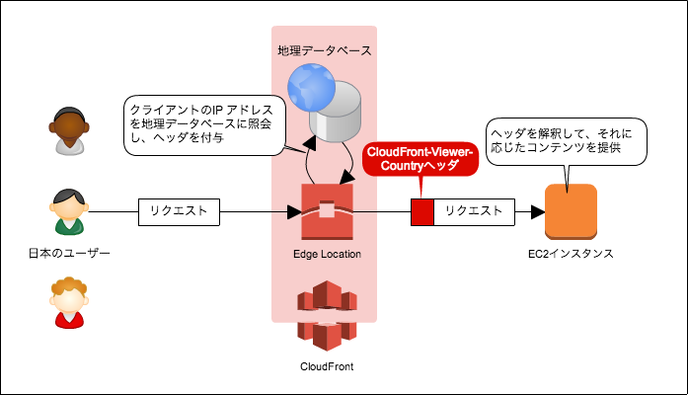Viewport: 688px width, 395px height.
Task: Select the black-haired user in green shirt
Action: [67, 211]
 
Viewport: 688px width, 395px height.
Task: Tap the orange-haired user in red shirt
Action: [68, 303]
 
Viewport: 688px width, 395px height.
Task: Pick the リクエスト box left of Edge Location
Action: [179, 211]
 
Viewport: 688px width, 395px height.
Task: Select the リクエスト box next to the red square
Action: [474, 211]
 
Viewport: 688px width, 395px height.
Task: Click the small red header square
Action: [422, 211]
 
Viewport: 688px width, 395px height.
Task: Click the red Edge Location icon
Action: [327, 211]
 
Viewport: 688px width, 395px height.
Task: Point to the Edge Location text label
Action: [327, 254]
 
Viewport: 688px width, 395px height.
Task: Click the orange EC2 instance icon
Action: [572, 211]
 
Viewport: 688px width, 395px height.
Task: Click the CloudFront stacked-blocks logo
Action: [326, 315]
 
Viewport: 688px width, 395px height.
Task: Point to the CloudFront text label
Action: [326, 366]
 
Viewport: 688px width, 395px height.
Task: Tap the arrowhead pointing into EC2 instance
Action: [538, 211]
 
